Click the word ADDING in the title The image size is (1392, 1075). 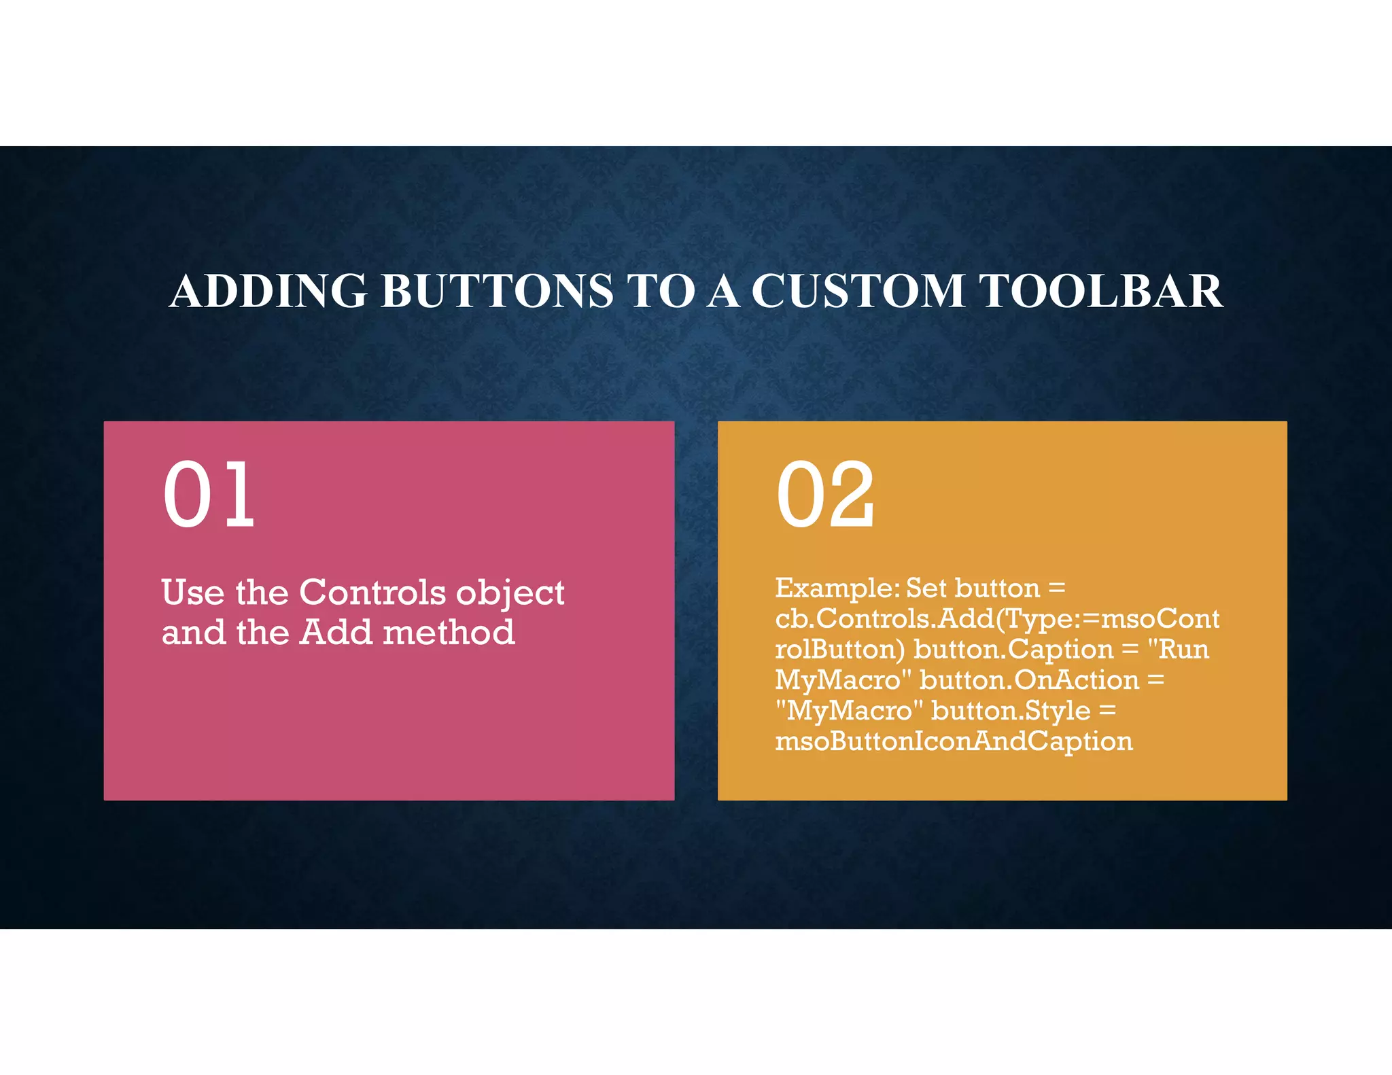(268, 291)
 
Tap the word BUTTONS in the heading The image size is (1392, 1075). (497, 291)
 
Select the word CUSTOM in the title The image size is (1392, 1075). (858, 291)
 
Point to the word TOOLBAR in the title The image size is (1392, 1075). (1101, 291)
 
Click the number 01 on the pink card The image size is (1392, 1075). (209, 494)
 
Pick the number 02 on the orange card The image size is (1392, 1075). (825, 494)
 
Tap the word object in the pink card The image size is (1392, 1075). (510, 593)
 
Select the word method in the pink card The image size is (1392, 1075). (449, 632)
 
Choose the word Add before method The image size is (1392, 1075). (336, 632)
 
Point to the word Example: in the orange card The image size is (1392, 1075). (837, 588)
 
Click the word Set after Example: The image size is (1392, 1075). (926, 588)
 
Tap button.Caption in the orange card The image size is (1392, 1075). (1013, 650)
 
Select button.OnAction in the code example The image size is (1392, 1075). (1029, 680)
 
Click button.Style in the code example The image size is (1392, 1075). (1011, 711)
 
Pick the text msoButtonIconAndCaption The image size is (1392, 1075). (954, 741)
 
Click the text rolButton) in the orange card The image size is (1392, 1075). (840, 650)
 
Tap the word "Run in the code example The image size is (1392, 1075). (1178, 649)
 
